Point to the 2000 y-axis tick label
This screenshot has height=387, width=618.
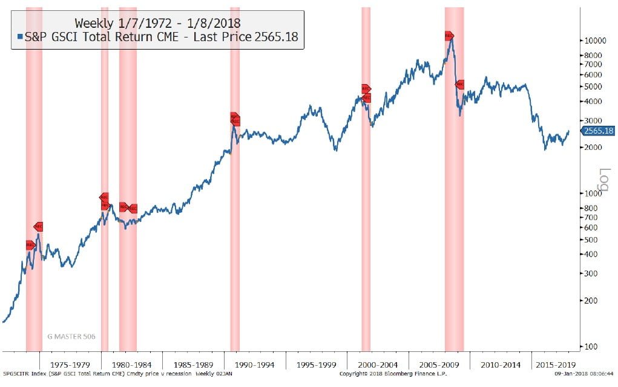593,148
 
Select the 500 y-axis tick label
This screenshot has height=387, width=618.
593,240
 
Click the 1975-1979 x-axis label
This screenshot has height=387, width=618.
70,365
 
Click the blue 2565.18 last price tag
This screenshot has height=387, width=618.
598,131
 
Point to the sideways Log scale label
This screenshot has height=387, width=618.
603,181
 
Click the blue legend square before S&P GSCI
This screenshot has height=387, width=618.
20,37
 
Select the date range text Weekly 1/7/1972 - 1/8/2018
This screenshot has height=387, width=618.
157,23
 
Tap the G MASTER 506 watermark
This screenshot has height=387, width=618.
71,336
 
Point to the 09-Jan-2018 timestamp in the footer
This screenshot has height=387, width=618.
584,374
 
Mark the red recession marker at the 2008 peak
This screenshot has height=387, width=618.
449,36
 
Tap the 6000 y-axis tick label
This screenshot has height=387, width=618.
593,74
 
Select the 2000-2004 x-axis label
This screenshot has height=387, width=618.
378,365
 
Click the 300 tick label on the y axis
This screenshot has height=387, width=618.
593,273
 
